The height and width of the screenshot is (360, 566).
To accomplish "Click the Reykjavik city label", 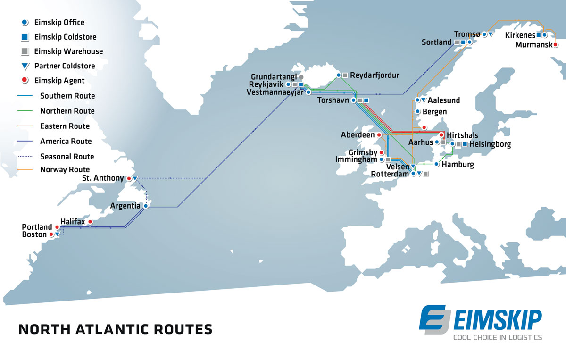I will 266,84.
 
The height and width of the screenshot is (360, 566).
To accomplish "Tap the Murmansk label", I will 533,45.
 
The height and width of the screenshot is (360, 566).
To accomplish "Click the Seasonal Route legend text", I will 67,156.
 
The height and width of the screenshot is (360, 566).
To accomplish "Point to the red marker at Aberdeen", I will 379,135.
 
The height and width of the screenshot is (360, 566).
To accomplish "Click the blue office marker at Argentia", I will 146,206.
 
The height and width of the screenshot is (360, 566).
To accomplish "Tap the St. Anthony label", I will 103,178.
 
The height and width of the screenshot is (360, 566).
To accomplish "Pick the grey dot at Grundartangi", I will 301,77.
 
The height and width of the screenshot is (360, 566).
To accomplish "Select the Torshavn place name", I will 333,100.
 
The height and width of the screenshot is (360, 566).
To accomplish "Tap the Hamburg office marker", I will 437,165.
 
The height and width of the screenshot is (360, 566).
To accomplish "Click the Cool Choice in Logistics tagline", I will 497,337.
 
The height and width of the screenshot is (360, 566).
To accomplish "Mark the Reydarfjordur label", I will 375,75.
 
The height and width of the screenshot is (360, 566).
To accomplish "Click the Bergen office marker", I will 417,112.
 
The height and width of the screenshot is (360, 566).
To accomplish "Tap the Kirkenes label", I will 520,35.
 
